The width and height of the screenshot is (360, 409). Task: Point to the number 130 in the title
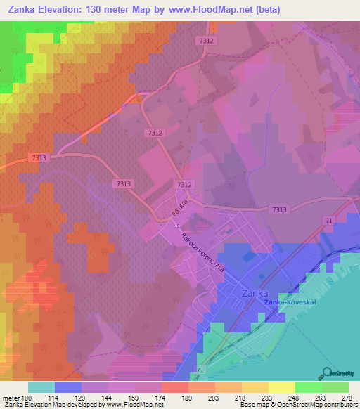click(105, 10)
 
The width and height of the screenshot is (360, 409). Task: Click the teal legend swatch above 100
click(41, 387)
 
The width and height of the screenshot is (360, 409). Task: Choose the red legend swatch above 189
click(174, 387)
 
